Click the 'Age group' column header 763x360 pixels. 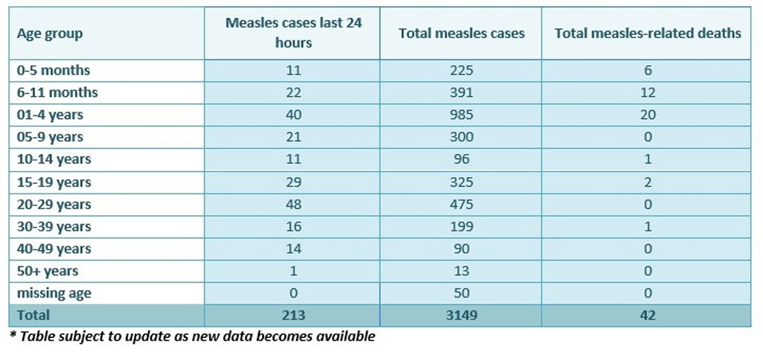tap(50, 34)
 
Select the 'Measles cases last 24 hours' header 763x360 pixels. tap(294, 33)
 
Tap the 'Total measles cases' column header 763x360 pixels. tap(461, 34)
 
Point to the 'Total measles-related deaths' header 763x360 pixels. tap(648, 34)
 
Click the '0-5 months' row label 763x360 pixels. tap(53, 70)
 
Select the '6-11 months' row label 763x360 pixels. tap(57, 92)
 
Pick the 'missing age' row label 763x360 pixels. tap(54, 293)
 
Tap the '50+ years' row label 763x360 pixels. tap(47, 271)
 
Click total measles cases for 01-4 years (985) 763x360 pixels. tap(461, 115)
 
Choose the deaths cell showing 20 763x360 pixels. tap(648, 115)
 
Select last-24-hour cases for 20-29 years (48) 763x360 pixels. tap(294, 204)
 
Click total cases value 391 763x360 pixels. tap(461, 92)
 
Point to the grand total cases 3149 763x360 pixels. tap(461, 315)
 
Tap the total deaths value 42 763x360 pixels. tap(648, 315)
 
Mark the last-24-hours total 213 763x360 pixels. tap(294, 315)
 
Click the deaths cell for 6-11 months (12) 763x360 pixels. tap(648, 92)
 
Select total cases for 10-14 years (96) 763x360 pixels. tap(461, 159)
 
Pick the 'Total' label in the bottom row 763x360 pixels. tap(34, 315)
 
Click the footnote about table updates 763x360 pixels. tap(192, 336)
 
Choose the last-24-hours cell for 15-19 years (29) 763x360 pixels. tap(294, 182)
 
